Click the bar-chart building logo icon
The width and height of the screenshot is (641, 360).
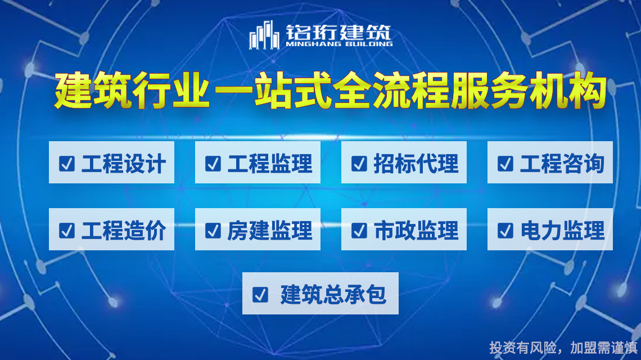[x=264, y=35]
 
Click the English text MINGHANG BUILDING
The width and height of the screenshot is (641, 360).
[x=339, y=44]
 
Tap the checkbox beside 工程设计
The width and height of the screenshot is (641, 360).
[x=67, y=164]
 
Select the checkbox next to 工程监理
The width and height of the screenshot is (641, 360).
[x=213, y=164]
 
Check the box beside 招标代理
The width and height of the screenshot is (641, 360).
[x=359, y=164]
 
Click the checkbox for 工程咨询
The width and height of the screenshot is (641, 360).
[x=505, y=164]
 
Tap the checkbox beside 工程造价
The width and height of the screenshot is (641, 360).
[x=67, y=230]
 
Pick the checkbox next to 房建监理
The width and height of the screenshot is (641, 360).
[x=213, y=230]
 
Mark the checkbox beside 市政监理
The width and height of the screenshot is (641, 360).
[x=359, y=230]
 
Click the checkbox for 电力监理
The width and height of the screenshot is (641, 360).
[x=505, y=230]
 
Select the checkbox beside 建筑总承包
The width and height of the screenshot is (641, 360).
[x=260, y=295]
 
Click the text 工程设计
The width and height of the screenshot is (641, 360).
[x=124, y=164]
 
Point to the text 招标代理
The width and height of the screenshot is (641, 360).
[x=416, y=164]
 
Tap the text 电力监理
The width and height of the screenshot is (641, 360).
[x=562, y=230]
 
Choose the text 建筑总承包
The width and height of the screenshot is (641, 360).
[x=333, y=295]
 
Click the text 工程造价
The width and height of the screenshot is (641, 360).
[x=124, y=230]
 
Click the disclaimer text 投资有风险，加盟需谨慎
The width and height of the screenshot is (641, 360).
[x=563, y=348]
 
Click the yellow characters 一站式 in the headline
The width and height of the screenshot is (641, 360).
[x=273, y=91]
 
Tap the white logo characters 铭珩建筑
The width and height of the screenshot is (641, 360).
[x=338, y=31]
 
